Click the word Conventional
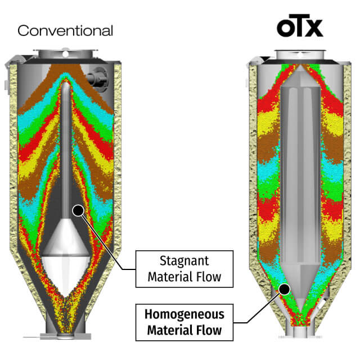click(65, 31)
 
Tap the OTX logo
click(300, 26)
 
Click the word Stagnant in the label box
click(184, 261)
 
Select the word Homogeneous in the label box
click(184, 314)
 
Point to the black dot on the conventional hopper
click(78, 210)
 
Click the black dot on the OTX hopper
click(285, 289)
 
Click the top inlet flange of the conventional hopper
click(66, 54)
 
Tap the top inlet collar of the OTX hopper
click(300, 55)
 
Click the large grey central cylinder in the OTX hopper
click(300, 174)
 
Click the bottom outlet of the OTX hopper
click(300, 331)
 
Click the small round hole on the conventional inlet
click(65, 55)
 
